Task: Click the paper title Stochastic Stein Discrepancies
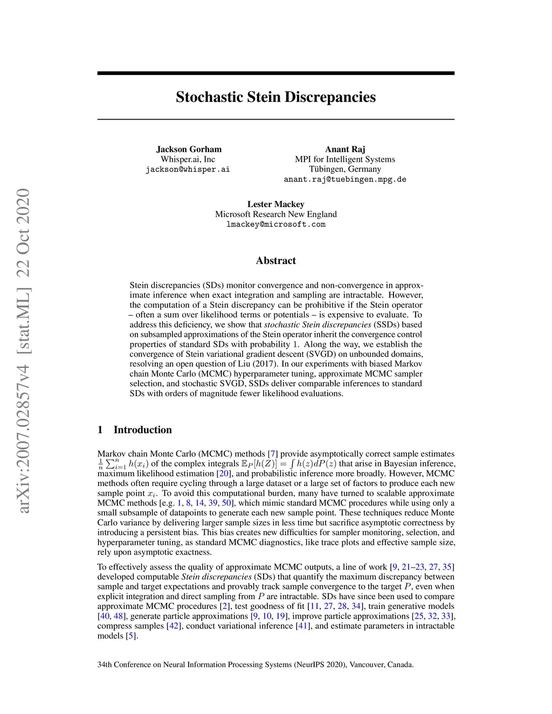(275, 97)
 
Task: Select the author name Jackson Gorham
(189, 149)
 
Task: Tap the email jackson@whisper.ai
(188, 169)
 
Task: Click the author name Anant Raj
(345, 149)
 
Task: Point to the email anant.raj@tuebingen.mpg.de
(345, 179)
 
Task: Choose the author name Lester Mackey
(275, 204)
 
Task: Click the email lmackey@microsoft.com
(275, 224)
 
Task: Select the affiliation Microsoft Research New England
(275, 214)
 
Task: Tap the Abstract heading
(275, 261)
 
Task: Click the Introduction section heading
(142, 429)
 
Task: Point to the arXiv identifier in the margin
(23, 350)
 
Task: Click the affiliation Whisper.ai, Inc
(188, 159)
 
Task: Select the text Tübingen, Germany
(345, 169)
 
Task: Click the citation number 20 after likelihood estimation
(223, 474)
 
